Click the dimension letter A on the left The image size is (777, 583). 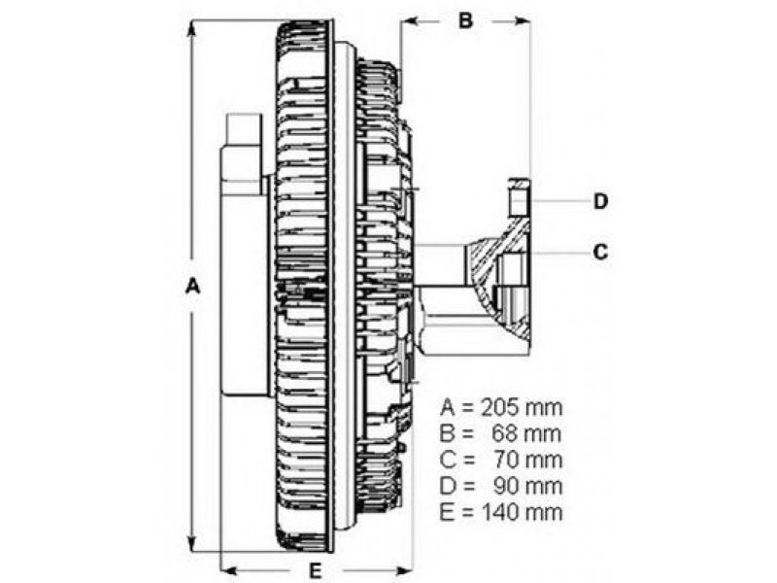[193, 287]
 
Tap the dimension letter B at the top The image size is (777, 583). [465, 20]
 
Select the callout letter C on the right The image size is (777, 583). [600, 253]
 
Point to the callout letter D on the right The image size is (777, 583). [600, 201]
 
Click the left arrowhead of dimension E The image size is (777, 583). [229, 566]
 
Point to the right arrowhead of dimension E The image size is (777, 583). [407, 566]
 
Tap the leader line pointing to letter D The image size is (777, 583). [558, 201]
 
